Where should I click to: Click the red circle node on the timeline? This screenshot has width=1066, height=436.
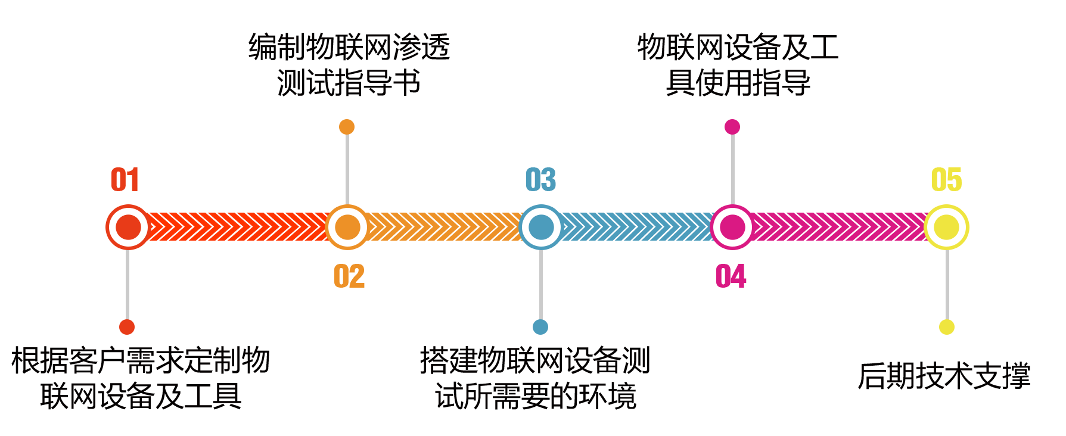pyautogui.click(x=128, y=227)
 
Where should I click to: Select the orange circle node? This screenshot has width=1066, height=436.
pyautogui.click(x=347, y=227)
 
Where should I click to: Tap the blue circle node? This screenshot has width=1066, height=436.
pyautogui.click(x=541, y=227)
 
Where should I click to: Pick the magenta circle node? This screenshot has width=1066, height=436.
pyautogui.click(x=732, y=227)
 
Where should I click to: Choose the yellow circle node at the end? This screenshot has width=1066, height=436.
pyautogui.click(x=946, y=227)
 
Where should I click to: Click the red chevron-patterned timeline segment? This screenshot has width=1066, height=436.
pyautogui.click(x=238, y=227)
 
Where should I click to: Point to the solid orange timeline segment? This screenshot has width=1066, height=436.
pyautogui.click(x=444, y=227)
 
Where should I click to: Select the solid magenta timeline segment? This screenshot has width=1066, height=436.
pyautogui.click(x=837, y=227)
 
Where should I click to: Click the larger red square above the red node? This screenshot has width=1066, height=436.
pyautogui.click(x=125, y=179)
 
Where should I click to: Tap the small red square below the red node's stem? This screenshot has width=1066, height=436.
pyautogui.click(x=126, y=326)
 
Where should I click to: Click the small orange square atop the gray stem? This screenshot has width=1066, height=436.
pyautogui.click(x=346, y=126)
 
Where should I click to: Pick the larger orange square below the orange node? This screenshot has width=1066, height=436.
pyautogui.click(x=349, y=276)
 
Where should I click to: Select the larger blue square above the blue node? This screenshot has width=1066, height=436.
pyautogui.click(x=541, y=179)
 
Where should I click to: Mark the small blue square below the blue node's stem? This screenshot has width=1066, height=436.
pyautogui.click(x=540, y=326)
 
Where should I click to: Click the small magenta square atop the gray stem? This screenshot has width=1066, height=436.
pyautogui.click(x=732, y=126)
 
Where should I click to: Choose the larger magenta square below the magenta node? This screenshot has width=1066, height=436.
pyautogui.click(x=731, y=276)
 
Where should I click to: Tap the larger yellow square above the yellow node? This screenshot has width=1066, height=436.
pyautogui.click(x=946, y=179)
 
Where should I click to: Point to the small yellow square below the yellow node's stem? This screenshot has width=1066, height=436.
pyautogui.click(x=946, y=326)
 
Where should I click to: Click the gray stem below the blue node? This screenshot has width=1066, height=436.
pyautogui.click(x=541, y=285)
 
